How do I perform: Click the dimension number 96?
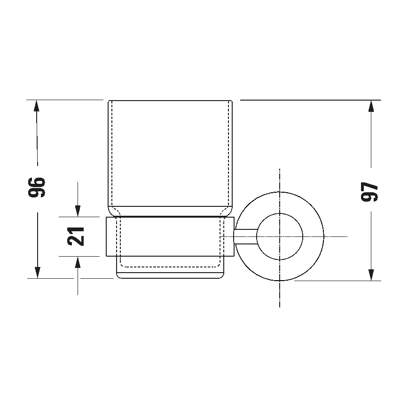[x=37, y=187]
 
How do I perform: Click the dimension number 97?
[x=370, y=191]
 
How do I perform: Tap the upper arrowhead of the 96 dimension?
[x=37, y=106]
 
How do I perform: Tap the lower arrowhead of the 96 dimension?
[x=37, y=272]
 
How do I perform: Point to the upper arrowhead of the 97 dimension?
[x=371, y=106]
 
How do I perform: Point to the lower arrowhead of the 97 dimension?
[x=371, y=275]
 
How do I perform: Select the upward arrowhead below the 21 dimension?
[x=78, y=263]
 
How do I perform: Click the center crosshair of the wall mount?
[x=280, y=236]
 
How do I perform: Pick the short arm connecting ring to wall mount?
[x=245, y=236]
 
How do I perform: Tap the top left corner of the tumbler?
[x=110, y=101]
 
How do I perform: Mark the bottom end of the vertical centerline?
[x=280, y=307]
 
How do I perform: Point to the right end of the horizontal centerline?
[x=347, y=236]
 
